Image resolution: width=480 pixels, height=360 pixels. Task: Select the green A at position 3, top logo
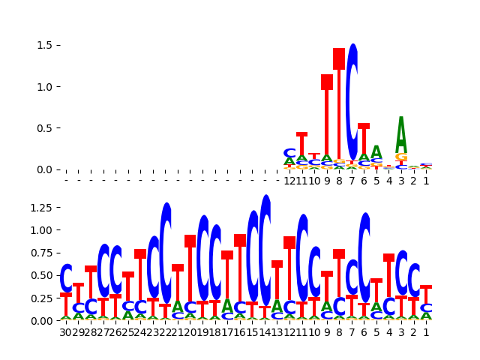pos(401,135)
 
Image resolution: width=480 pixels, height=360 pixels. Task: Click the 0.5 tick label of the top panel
pos(44,128)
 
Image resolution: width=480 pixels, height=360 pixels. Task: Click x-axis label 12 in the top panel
pos(289,181)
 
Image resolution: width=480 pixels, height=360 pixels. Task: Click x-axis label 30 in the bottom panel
pos(66,332)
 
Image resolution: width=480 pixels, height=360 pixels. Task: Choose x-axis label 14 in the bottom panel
pos(265,332)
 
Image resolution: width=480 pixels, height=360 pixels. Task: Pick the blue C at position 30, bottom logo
pos(66,277)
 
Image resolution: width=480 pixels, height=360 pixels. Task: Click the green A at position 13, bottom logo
pos(277,307)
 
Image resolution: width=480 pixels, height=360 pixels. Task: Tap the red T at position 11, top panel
pos(301,144)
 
